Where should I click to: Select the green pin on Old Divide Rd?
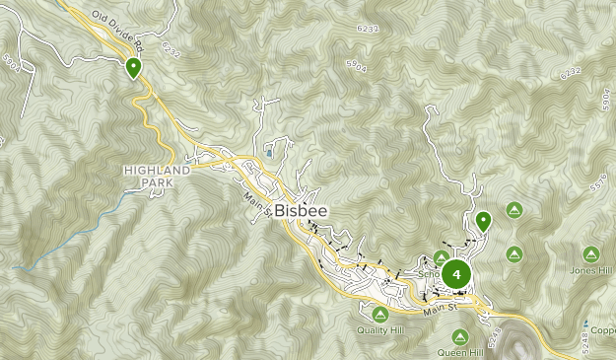[133, 67]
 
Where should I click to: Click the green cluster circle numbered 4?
[455, 273]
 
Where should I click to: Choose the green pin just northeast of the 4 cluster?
[483, 221]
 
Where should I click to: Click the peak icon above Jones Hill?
[590, 253]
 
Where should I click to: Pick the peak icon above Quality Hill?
[379, 314]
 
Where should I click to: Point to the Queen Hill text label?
[460, 352]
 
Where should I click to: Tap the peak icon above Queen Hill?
[461, 335]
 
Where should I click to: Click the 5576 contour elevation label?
[597, 183]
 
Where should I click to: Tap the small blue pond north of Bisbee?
[269, 154]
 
